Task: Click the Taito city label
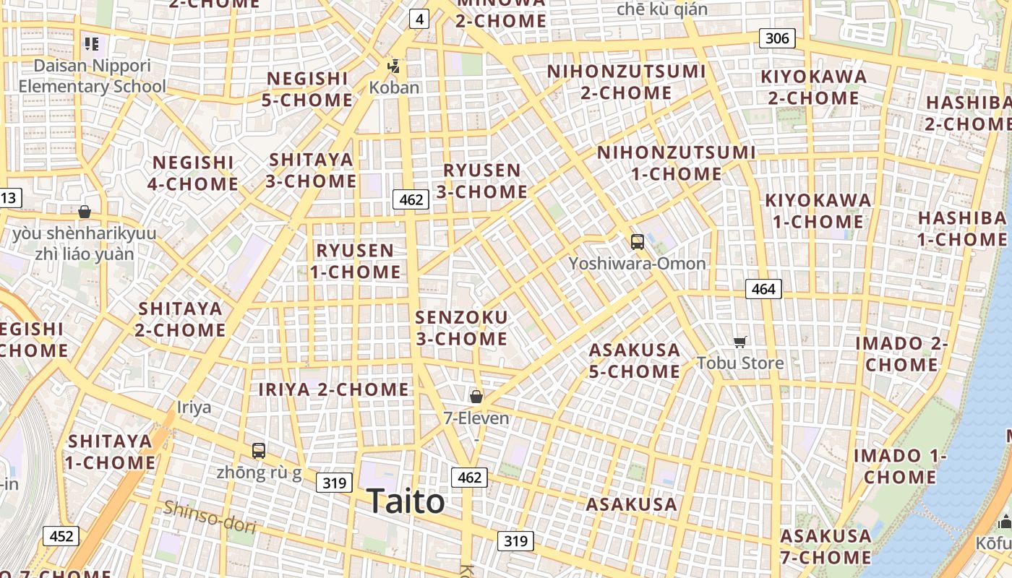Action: click(x=406, y=501)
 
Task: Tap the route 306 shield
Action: click(x=777, y=38)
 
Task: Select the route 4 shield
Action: click(x=419, y=19)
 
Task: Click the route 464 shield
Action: click(x=763, y=289)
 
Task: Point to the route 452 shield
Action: click(x=61, y=535)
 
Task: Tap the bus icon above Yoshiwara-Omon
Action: click(x=637, y=241)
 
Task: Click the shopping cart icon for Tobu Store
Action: click(x=739, y=342)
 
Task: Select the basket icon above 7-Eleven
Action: click(x=476, y=396)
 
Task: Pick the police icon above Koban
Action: click(x=393, y=66)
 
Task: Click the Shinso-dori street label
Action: click(x=210, y=517)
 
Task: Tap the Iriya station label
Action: click(x=194, y=407)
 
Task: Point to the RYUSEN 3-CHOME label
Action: click(x=481, y=181)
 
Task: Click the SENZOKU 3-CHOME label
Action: click(x=461, y=327)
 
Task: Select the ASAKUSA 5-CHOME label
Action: click(x=635, y=360)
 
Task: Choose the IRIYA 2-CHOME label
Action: click(x=334, y=389)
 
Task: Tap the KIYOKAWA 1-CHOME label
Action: click(x=818, y=210)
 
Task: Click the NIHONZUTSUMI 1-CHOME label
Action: click(x=677, y=163)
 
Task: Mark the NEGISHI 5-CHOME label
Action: click(x=307, y=89)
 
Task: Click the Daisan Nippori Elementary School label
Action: click(x=92, y=76)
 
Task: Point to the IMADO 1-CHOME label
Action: click(x=900, y=466)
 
